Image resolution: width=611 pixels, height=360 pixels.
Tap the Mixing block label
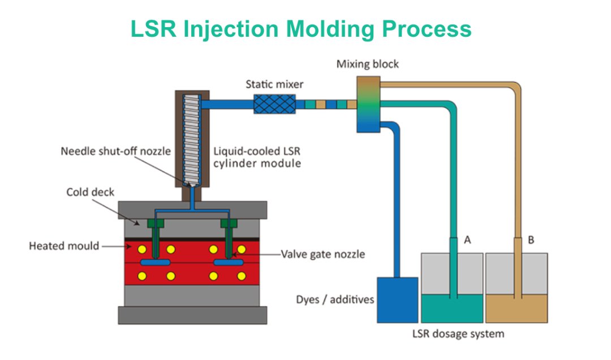coord(367,63)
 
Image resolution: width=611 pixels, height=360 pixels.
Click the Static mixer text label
coord(274,84)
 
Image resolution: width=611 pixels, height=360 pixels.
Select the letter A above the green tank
coord(467,240)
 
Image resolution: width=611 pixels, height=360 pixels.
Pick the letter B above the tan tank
coord(531,240)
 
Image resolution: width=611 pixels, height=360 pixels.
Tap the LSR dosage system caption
coord(458,333)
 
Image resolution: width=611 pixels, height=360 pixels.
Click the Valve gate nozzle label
coord(323,254)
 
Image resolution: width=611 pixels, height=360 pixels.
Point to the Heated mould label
coord(64,246)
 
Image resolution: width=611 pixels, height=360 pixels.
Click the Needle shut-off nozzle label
coord(115,152)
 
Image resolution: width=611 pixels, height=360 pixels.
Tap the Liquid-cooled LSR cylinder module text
coord(257,157)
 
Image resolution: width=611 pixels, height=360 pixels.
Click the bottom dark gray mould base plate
coord(192,315)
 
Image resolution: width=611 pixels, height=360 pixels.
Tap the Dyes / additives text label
coord(335,299)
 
